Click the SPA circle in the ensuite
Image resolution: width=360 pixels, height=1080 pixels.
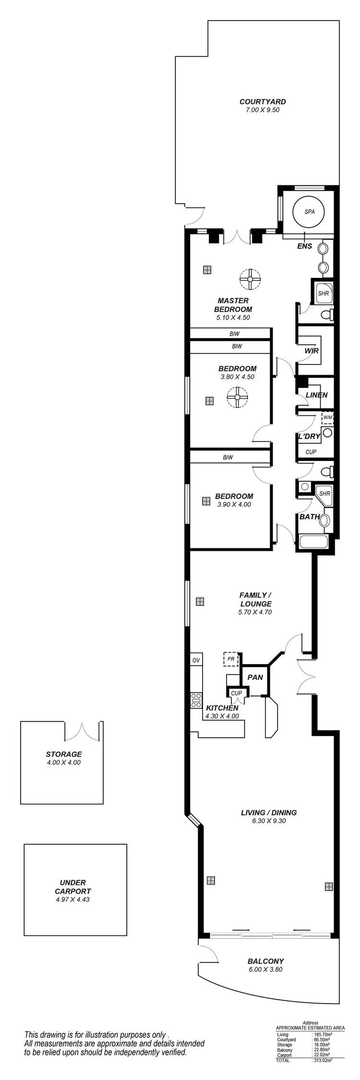click(309, 211)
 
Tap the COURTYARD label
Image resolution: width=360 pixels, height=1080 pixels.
click(263, 102)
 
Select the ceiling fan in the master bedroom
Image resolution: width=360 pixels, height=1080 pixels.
click(250, 279)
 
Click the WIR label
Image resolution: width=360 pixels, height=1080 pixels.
click(312, 351)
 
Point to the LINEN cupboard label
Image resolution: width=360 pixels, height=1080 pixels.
click(316, 395)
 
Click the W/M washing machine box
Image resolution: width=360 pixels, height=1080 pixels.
click(327, 417)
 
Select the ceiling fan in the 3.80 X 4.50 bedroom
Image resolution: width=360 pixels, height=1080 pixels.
click(237, 397)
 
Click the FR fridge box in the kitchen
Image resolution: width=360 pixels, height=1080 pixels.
click(231, 659)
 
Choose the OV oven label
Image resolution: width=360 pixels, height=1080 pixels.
click(196, 660)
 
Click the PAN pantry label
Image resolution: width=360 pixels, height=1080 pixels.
click(255, 677)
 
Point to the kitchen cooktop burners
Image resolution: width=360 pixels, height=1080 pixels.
click(196, 701)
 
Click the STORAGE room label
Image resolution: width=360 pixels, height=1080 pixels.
click(64, 754)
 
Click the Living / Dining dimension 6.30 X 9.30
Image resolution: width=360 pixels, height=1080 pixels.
click(268, 821)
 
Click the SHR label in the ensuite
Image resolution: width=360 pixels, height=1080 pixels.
click(324, 293)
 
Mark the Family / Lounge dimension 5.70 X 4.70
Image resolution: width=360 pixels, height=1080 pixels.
click(255, 612)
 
